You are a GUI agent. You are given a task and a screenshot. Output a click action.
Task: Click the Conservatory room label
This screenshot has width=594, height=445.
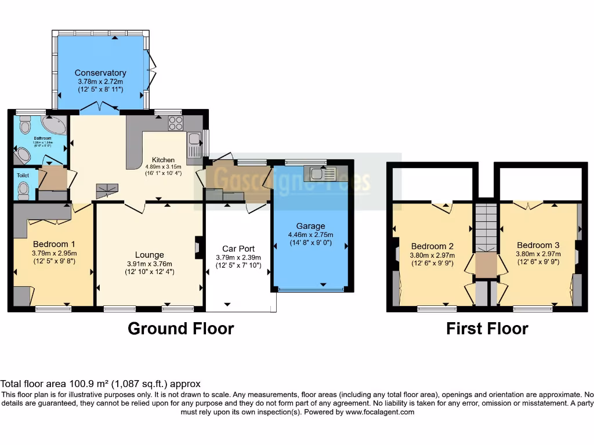pyautogui.click(x=100, y=73)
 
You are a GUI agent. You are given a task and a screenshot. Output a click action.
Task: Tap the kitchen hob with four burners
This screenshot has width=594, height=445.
pyautogui.click(x=175, y=123)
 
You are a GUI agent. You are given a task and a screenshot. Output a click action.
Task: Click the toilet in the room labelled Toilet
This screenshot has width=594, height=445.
pyautogui.click(x=23, y=188)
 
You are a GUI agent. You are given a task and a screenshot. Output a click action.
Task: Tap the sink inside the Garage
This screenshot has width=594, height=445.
pyautogui.click(x=320, y=173)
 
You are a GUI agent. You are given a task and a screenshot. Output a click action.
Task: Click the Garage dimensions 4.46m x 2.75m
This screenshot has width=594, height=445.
pyautogui.click(x=310, y=235)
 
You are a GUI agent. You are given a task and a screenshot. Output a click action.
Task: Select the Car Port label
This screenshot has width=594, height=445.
pyautogui.click(x=238, y=249)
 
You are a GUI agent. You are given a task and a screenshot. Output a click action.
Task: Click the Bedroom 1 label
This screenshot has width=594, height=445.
pyautogui.click(x=54, y=244)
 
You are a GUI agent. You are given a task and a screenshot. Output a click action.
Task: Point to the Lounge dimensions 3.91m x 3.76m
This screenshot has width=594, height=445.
pyautogui.click(x=150, y=264)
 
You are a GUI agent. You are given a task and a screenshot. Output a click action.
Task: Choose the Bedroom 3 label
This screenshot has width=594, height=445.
pyautogui.click(x=538, y=245)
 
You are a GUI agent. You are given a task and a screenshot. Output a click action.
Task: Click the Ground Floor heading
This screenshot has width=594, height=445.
pyautogui.click(x=180, y=329)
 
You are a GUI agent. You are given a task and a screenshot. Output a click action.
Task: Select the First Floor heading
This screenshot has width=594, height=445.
pyautogui.click(x=487, y=329)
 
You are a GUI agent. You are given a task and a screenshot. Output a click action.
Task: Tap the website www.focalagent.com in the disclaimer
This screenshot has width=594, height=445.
pyautogui.click(x=381, y=413)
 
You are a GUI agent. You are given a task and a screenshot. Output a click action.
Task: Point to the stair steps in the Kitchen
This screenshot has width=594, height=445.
pyautogui.click(x=107, y=189)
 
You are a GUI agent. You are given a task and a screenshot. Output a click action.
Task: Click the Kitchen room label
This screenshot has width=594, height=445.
pyautogui.click(x=163, y=160)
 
